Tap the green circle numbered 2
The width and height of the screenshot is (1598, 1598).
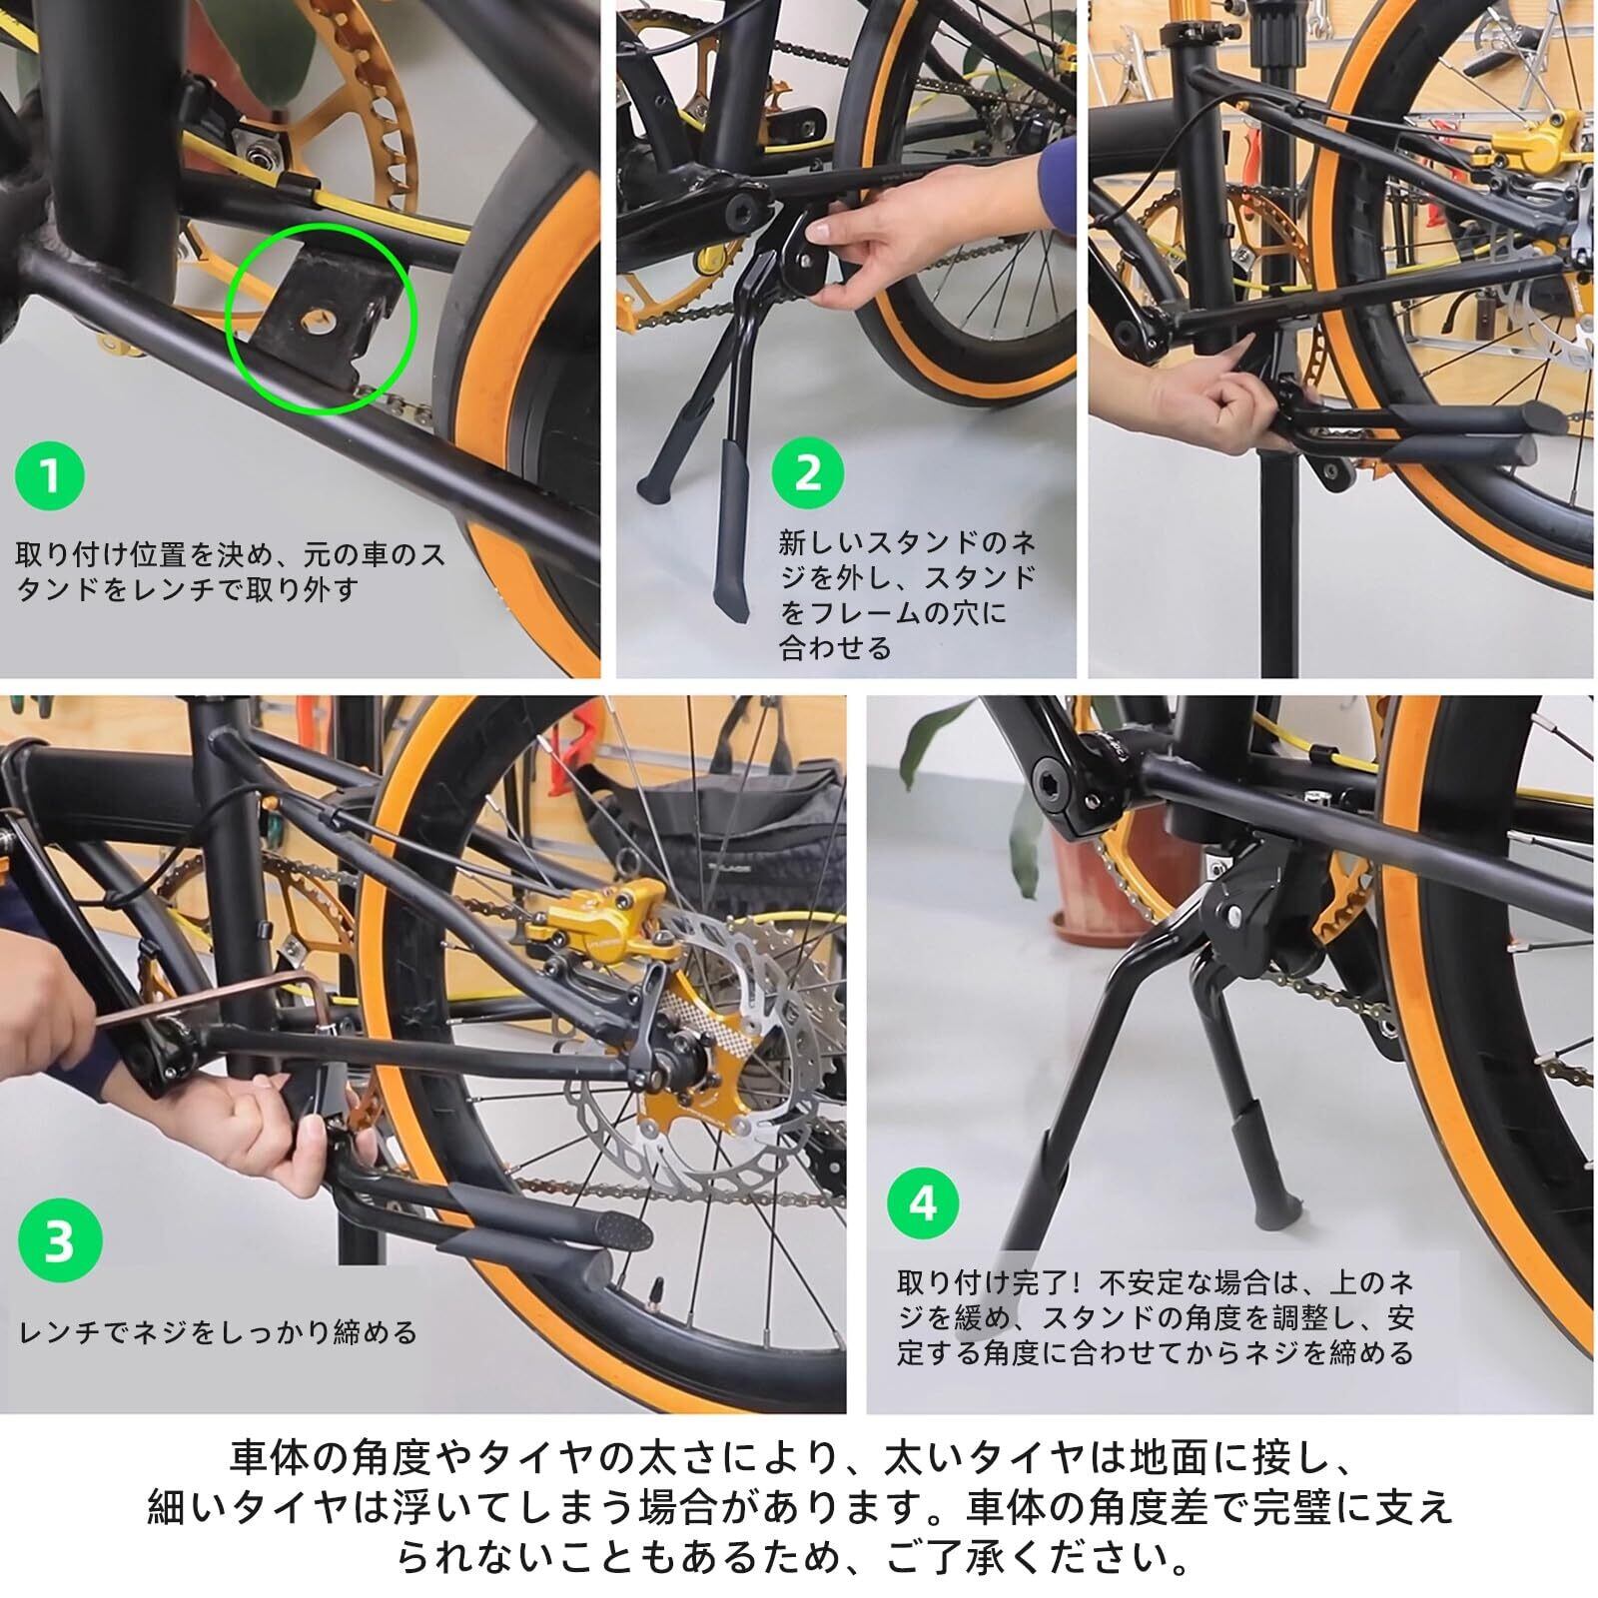(807, 472)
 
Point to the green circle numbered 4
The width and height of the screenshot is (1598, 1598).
(923, 1203)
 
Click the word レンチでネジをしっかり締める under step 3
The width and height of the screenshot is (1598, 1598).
(218, 1332)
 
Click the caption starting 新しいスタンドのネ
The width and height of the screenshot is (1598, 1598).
(907, 595)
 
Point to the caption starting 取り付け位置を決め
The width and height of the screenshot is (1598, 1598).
(231, 570)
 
